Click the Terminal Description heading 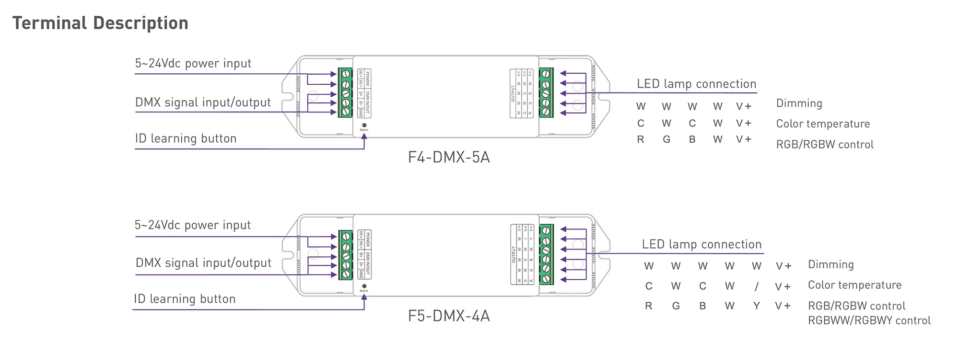pos(100,23)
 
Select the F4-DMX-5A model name pos(449,157)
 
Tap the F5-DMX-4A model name pos(449,316)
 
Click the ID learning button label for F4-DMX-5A pos(186,138)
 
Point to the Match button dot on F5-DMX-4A pos(364,286)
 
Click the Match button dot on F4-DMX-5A pos(364,125)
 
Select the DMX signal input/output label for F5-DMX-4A pos(203,263)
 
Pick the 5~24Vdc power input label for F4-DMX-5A pos(193,63)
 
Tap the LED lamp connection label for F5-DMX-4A pos(702,244)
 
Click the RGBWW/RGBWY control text pos(869,320)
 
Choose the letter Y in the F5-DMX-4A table pos(756,306)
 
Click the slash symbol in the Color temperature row pos(756,286)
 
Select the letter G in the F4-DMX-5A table pos(666,139)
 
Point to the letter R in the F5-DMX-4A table pos(648,306)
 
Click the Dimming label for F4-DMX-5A pos(799,103)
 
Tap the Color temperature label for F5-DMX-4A pos(854,285)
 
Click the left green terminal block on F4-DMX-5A pos(345,93)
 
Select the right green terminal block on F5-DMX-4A pos(546,254)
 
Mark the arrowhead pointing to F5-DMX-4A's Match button pos(364,297)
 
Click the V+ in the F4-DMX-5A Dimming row pos(744,106)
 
